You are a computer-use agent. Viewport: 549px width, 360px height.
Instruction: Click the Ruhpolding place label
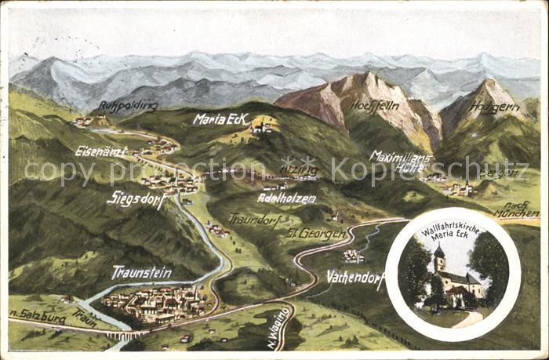click(x=128, y=106)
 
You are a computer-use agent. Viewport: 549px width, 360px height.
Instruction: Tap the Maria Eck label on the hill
click(x=220, y=118)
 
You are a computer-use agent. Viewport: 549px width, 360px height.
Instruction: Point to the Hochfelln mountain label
click(x=374, y=105)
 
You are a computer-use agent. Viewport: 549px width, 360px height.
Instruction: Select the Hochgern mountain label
click(x=495, y=107)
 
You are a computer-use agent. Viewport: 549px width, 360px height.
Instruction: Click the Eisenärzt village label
click(x=101, y=151)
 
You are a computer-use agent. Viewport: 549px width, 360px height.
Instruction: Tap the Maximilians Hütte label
click(x=401, y=161)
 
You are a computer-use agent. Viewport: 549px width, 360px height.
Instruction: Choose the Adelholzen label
click(x=286, y=198)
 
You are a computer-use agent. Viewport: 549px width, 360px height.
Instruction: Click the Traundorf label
click(x=255, y=220)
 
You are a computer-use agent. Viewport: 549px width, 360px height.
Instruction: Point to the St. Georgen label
click(x=315, y=233)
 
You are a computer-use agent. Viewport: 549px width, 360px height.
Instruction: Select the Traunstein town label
click(x=141, y=272)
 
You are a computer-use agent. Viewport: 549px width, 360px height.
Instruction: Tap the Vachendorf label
click(x=354, y=276)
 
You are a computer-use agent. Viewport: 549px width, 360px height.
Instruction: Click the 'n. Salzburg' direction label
click(x=37, y=317)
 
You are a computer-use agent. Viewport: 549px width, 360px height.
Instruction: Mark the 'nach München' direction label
click(x=516, y=210)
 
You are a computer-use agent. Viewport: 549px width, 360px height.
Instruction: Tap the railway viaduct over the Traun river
click(x=125, y=335)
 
